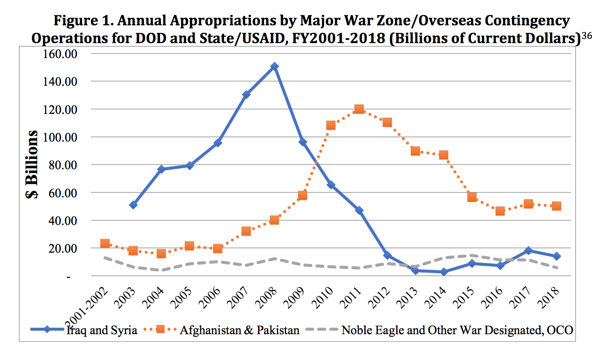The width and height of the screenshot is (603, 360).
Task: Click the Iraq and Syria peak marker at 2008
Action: (x=274, y=67)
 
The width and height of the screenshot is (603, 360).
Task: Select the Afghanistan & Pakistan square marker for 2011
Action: (x=359, y=109)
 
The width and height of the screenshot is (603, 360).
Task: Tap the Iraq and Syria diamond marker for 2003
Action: (x=133, y=205)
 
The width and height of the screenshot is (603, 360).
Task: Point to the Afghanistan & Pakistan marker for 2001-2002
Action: (x=105, y=244)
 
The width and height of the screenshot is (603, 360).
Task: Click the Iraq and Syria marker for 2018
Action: (x=556, y=256)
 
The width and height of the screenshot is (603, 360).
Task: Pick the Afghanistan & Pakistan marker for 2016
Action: (x=500, y=211)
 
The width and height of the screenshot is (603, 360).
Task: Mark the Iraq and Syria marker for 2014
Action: (x=444, y=272)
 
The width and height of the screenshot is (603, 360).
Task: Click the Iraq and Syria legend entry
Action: (x=101, y=330)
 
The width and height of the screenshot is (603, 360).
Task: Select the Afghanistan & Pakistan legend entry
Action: (x=239, y=330)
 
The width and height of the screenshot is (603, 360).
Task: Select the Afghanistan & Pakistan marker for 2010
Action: (x=331, y=125)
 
